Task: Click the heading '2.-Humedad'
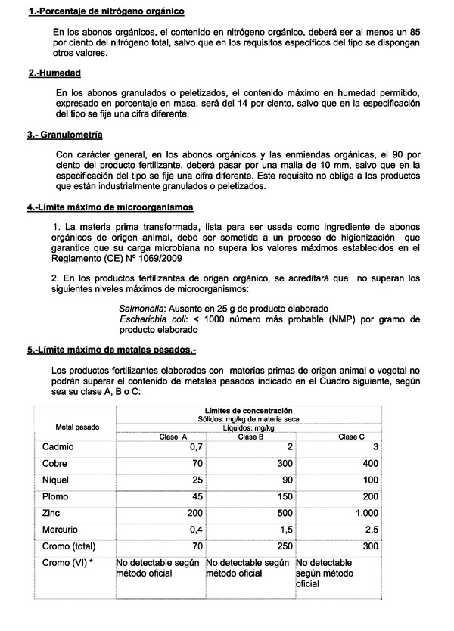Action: (x=54, y=73)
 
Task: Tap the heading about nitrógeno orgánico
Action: (x=105, y=12)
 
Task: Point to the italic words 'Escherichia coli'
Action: (x=150, y=320)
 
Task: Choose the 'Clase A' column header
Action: (x=173, y=437)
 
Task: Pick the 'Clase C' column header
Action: (x=351, y=437)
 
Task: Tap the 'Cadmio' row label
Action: (x=58, y=448)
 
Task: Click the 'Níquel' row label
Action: (x=57, y=480)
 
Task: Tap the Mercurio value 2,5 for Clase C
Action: (x=372, y=530)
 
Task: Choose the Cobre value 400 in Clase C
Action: (x=371, y=464)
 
